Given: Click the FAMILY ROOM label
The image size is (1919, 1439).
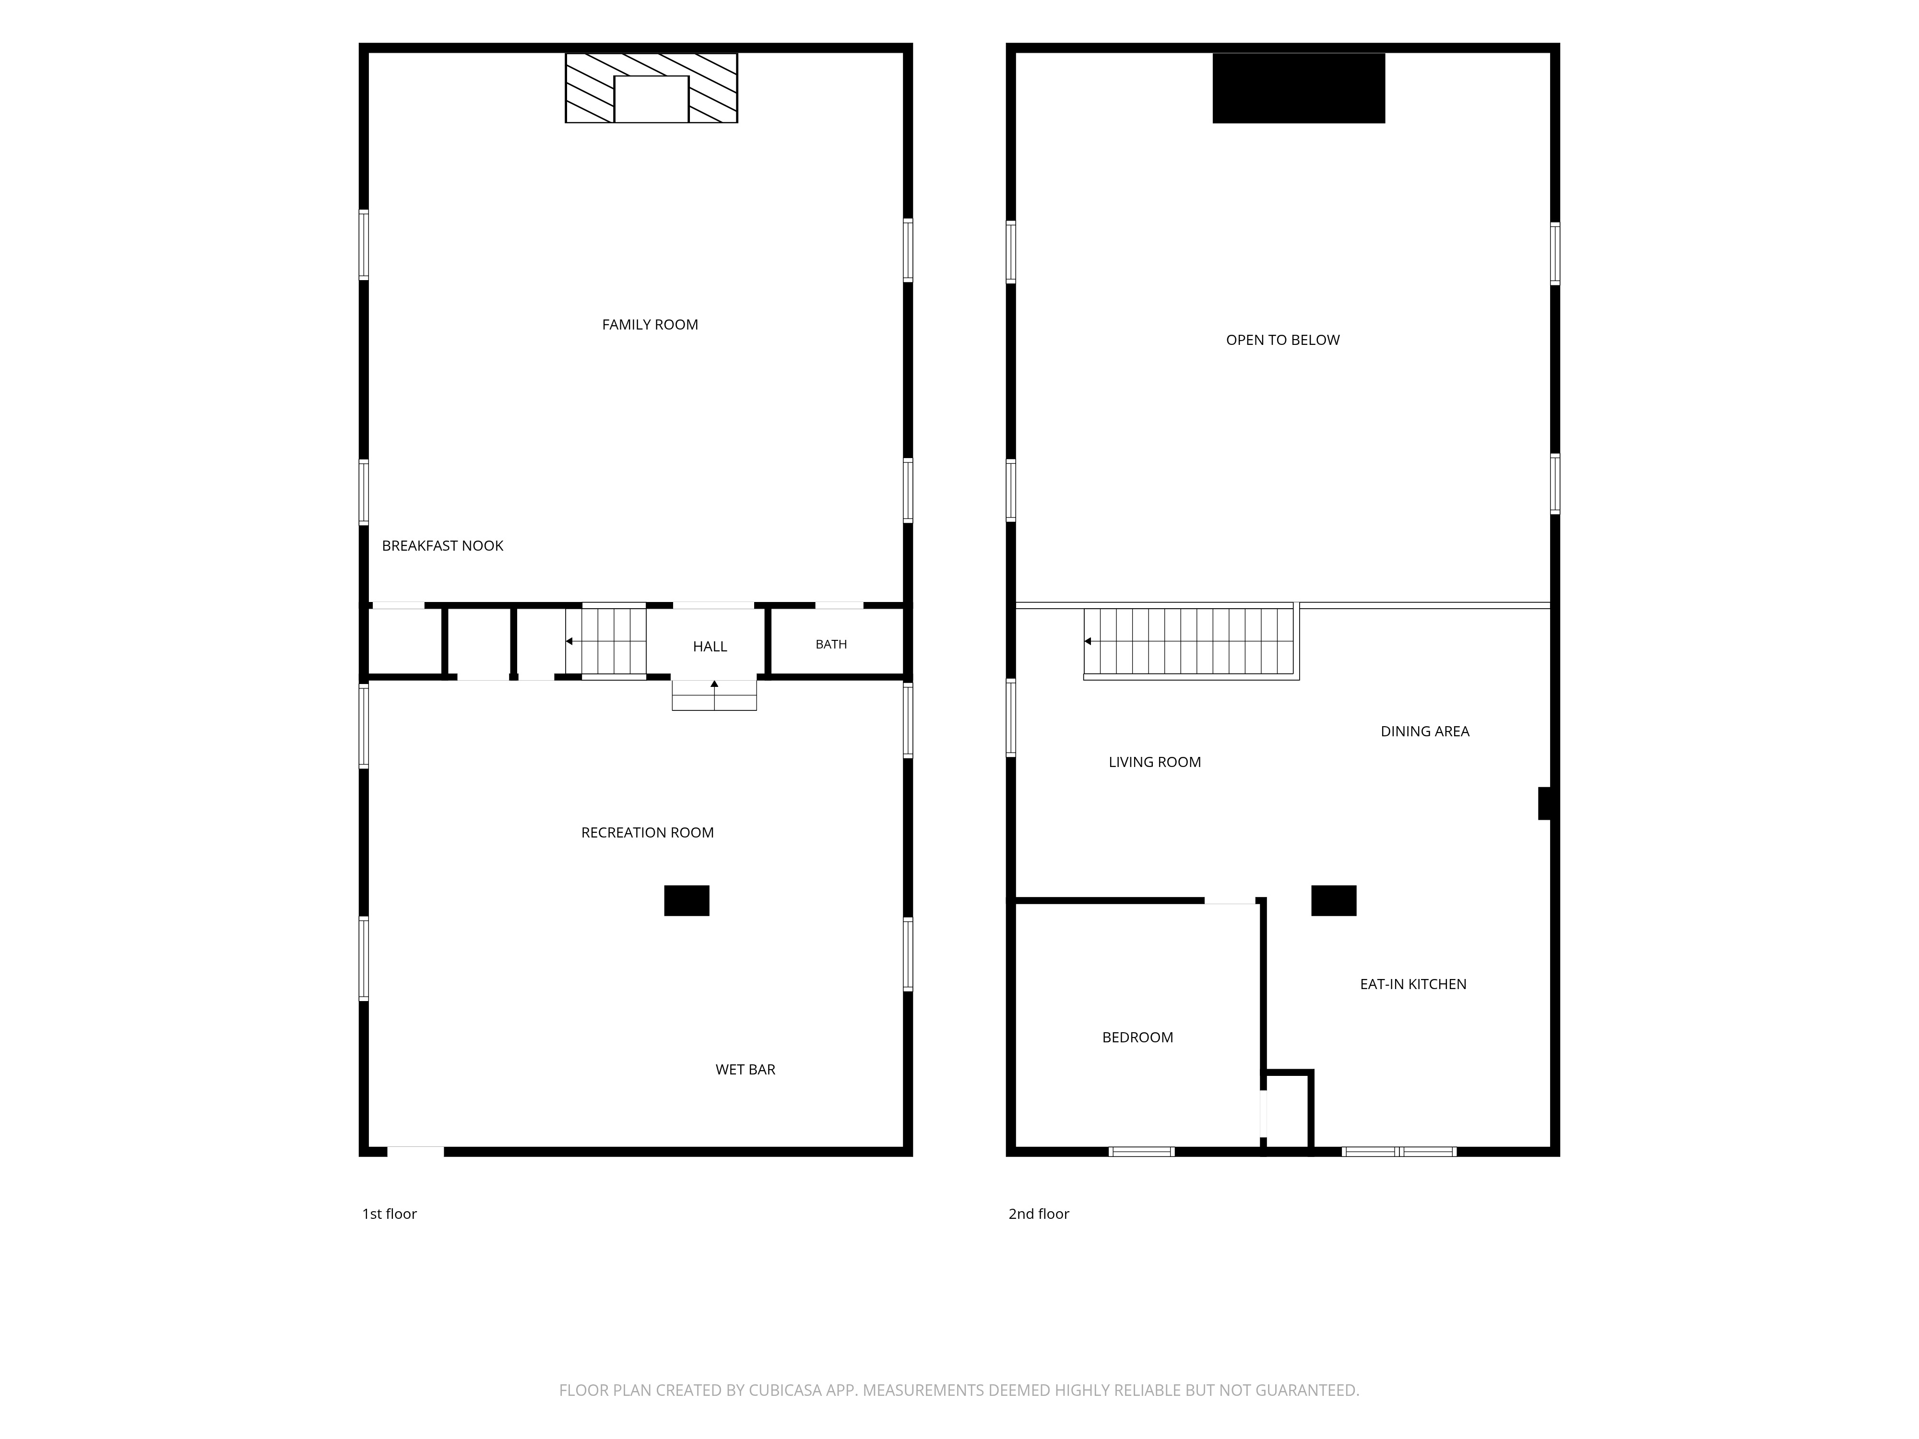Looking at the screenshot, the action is (x=650, y=324).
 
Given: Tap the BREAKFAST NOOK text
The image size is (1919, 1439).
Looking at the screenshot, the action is (x=442, y=545).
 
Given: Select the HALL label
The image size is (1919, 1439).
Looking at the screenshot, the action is (x=710, y=646).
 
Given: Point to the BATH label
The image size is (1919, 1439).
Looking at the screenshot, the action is (x=831, y=644).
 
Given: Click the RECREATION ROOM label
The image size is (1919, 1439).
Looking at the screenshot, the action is (x=647, y=833).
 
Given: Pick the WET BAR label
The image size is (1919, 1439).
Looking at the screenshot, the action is (x=745, y=1070).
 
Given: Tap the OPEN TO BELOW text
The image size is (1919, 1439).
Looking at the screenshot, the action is (x=1282, y=340).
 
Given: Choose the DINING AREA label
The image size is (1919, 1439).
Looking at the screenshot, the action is (x=1424, y=731).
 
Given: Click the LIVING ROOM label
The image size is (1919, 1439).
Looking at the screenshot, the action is (x=1155, y=762).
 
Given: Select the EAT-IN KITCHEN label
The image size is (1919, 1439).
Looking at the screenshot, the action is (x=1413, y=984).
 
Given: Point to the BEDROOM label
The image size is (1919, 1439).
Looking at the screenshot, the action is (x=1137, y=1038).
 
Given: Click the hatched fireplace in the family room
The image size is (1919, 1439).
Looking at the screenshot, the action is (x=652, y=88).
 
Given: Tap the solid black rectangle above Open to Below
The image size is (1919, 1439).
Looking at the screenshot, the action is (x=1299, y=88).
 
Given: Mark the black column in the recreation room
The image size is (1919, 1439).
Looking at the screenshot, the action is (x=686, y=900).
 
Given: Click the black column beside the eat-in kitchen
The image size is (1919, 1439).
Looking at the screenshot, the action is (x=1333, y=900).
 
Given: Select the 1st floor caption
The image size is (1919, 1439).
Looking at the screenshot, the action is (x=390, y=1214).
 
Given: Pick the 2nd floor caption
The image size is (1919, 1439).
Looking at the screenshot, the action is (x=1039, y=1214).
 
